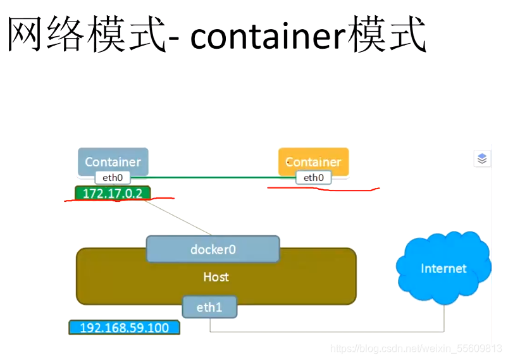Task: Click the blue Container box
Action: [x=113, y=161]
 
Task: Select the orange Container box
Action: [x=313, y=161]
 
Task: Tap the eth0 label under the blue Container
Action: [x=113, y=178]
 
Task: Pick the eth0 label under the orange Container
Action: [x=313, y=178]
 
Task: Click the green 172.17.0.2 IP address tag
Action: [x=112, y=193]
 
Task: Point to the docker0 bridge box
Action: [x=213, y=249]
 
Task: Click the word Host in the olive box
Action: [x=216, y=277]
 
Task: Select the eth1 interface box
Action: [x=209, y=307]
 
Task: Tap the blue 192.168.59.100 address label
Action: [x=124, y=328]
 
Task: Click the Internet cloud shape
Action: [x=443, y=269]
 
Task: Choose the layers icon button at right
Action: [x=482, y=159]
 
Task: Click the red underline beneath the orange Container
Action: [x=323, y=189]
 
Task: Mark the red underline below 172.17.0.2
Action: [x=117, y=201]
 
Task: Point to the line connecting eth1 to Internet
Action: [x=329, y=331]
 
